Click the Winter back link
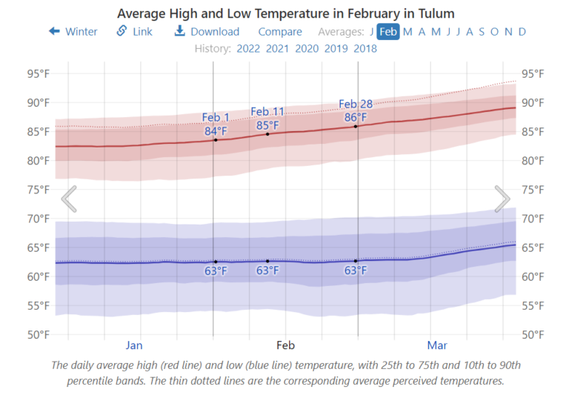click(73, 31)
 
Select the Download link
click(207, 31)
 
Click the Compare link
click(280, 31)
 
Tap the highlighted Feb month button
click(388, 31)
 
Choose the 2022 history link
click(249, 49)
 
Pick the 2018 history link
click(365, 49)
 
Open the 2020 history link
click(307, 49)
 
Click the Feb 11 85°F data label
click(267, 119)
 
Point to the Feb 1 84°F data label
click(216, 125)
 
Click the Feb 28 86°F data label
click(356, 110)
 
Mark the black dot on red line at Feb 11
click(267, 133)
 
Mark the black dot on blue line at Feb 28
click(356, 261)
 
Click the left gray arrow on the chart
click(69, 199)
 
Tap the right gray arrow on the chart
click(502, 199)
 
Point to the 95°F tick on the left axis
click(38, 73)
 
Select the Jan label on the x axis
click(134, 345)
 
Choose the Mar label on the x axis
click(437, 345)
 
